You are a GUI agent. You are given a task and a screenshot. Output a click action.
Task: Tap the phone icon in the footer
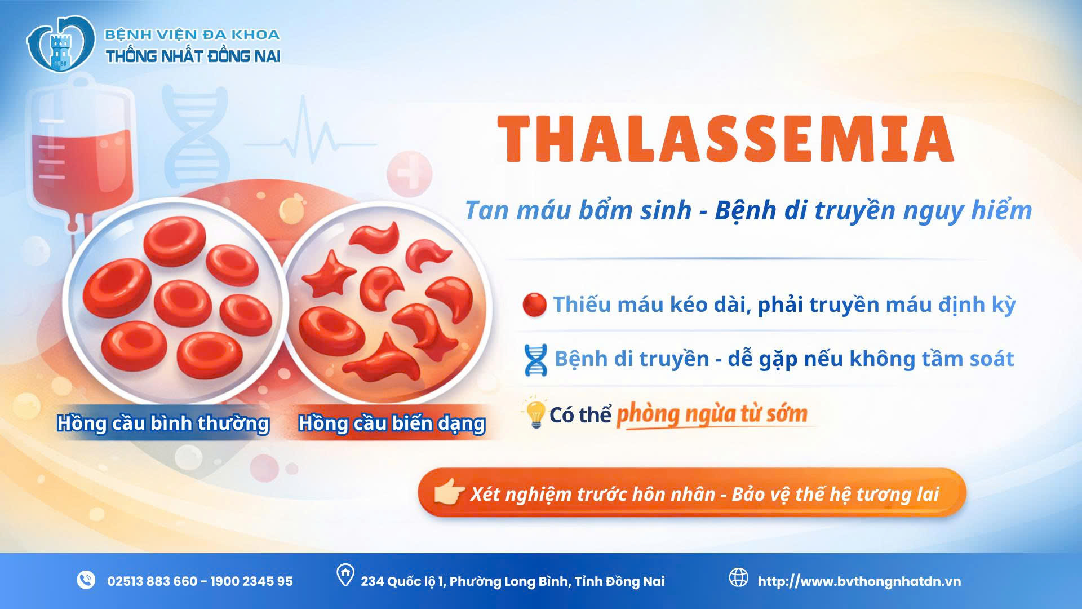click(x=86, y=580)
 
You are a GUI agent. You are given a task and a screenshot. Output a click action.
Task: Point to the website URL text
click(x=859, y=581)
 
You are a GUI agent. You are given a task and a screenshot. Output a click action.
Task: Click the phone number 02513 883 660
click(x=152, y=581)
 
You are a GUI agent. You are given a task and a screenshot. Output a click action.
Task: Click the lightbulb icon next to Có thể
click(x=535, y=414)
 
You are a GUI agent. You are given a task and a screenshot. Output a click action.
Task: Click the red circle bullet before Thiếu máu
click(x=534, y=305)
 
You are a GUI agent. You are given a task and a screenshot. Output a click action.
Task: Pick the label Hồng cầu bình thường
click(x=163, y=423)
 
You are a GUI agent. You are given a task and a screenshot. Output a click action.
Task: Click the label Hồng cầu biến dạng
click(x=392, y=423)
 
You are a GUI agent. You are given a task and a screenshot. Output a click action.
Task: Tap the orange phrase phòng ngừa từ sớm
click(x=712, y=414)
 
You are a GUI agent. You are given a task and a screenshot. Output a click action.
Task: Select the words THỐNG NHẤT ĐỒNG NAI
click(x=193, y=56)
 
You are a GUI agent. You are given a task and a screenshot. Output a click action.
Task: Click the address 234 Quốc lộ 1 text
click(x=513, y=581)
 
